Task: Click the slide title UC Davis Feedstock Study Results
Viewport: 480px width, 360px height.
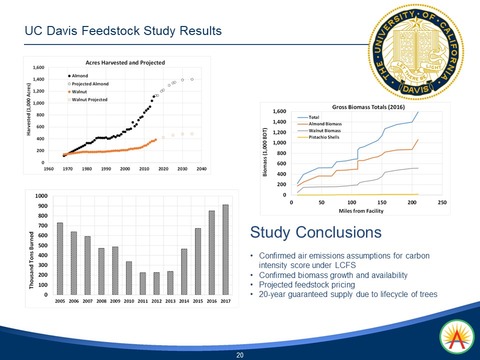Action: (x=123, y=31)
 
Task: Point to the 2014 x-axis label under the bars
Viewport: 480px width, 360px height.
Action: (x=183, y=301)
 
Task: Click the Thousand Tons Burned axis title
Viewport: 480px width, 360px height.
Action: (x=32, y=260)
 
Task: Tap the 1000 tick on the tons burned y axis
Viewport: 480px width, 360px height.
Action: (x=42, y=196)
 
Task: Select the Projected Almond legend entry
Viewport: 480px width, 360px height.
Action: (x=90, y=84)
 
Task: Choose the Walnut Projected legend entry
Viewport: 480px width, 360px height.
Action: (x=89, y=100)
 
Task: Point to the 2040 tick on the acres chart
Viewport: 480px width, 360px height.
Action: (x=201, y=169)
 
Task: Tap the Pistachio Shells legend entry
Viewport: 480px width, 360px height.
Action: (x=324, y=137)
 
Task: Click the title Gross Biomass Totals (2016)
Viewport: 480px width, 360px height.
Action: (x=368, y=107)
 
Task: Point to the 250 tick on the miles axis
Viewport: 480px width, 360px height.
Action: (x=442, y=202)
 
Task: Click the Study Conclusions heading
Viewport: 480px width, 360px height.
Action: (x=315, y=232)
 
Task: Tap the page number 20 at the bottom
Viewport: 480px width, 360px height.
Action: (x=239, y=355)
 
